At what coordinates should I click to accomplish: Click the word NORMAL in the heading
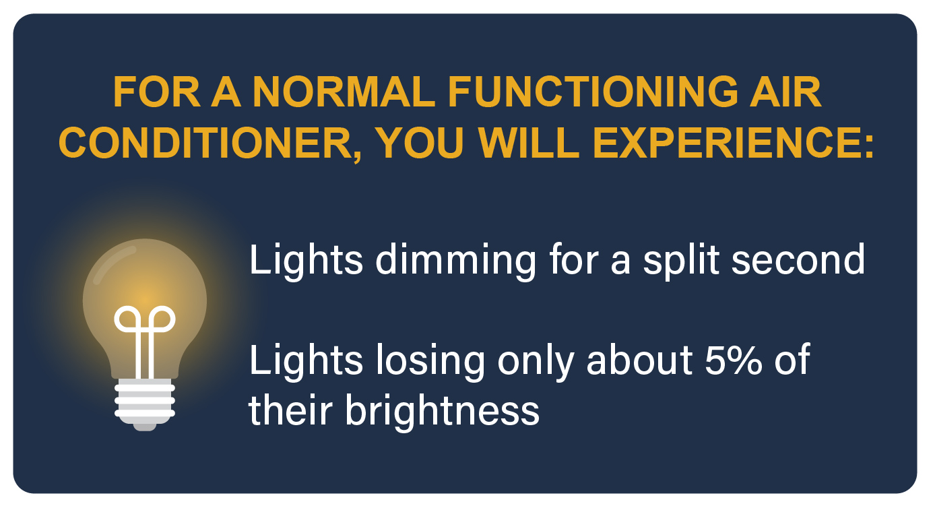point(344,92)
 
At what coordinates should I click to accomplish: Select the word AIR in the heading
point(785,92)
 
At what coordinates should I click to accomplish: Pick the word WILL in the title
point(529,143)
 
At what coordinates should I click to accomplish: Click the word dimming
point(455,262)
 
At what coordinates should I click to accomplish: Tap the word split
point(681,262)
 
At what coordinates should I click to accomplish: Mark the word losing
point(430,362)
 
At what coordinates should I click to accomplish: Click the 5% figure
point(733,359)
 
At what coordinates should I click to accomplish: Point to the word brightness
point(442,410)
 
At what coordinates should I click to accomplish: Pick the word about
point(639,359)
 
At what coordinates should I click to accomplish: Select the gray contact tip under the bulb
point(145,427)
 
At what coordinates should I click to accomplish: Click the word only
point(536,362)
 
